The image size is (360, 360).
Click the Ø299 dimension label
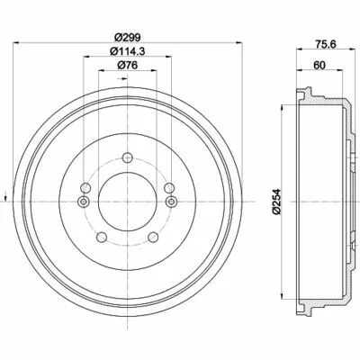128,38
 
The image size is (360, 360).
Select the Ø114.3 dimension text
128,51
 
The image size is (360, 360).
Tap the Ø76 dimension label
128,65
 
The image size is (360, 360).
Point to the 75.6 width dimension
326,44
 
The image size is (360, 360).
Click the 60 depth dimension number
319,65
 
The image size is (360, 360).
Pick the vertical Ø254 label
276,202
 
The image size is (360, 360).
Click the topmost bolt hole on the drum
128,157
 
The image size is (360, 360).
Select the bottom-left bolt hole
102,238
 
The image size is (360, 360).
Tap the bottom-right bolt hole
153,238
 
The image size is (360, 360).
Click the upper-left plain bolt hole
85,188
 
